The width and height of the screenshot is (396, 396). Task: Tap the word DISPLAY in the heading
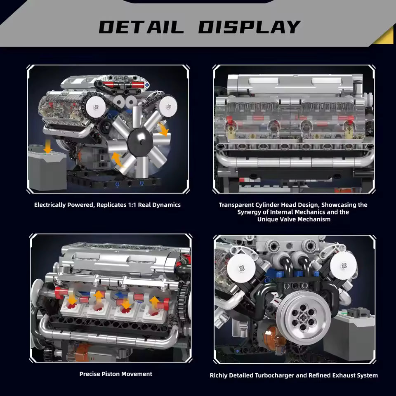pos(249,27)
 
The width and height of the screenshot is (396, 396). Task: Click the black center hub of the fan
pos(140,141)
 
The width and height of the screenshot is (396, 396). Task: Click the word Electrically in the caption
pos(50,205)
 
